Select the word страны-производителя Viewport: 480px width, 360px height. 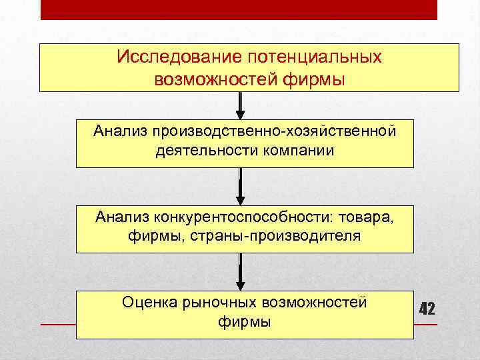point(293,237)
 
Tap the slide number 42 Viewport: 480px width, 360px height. point(427,309)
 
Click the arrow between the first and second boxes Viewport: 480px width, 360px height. point(241,107)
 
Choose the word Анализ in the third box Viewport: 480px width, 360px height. point(123,217)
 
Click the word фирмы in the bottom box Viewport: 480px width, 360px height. point(245,322)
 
